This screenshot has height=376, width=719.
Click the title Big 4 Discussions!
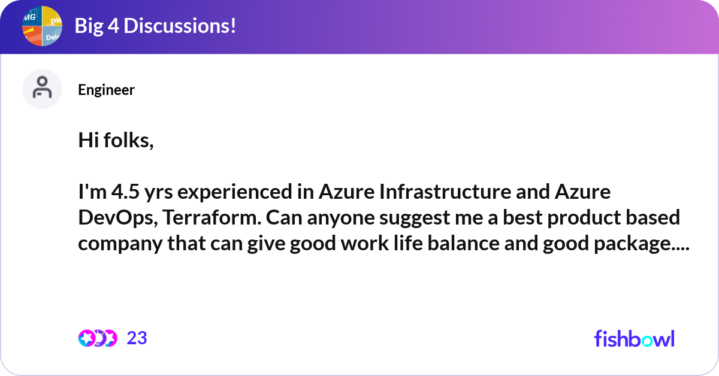(155, 26)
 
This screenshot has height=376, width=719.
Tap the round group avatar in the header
(43, 26)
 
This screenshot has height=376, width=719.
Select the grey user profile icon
(42, 89)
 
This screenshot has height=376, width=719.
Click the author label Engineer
(106, 90)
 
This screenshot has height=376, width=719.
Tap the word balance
(481, 244)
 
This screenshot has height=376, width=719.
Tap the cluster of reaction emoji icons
(98, 338)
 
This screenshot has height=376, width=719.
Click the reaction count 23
(137, 338)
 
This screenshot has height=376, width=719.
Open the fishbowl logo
(634, 338)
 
